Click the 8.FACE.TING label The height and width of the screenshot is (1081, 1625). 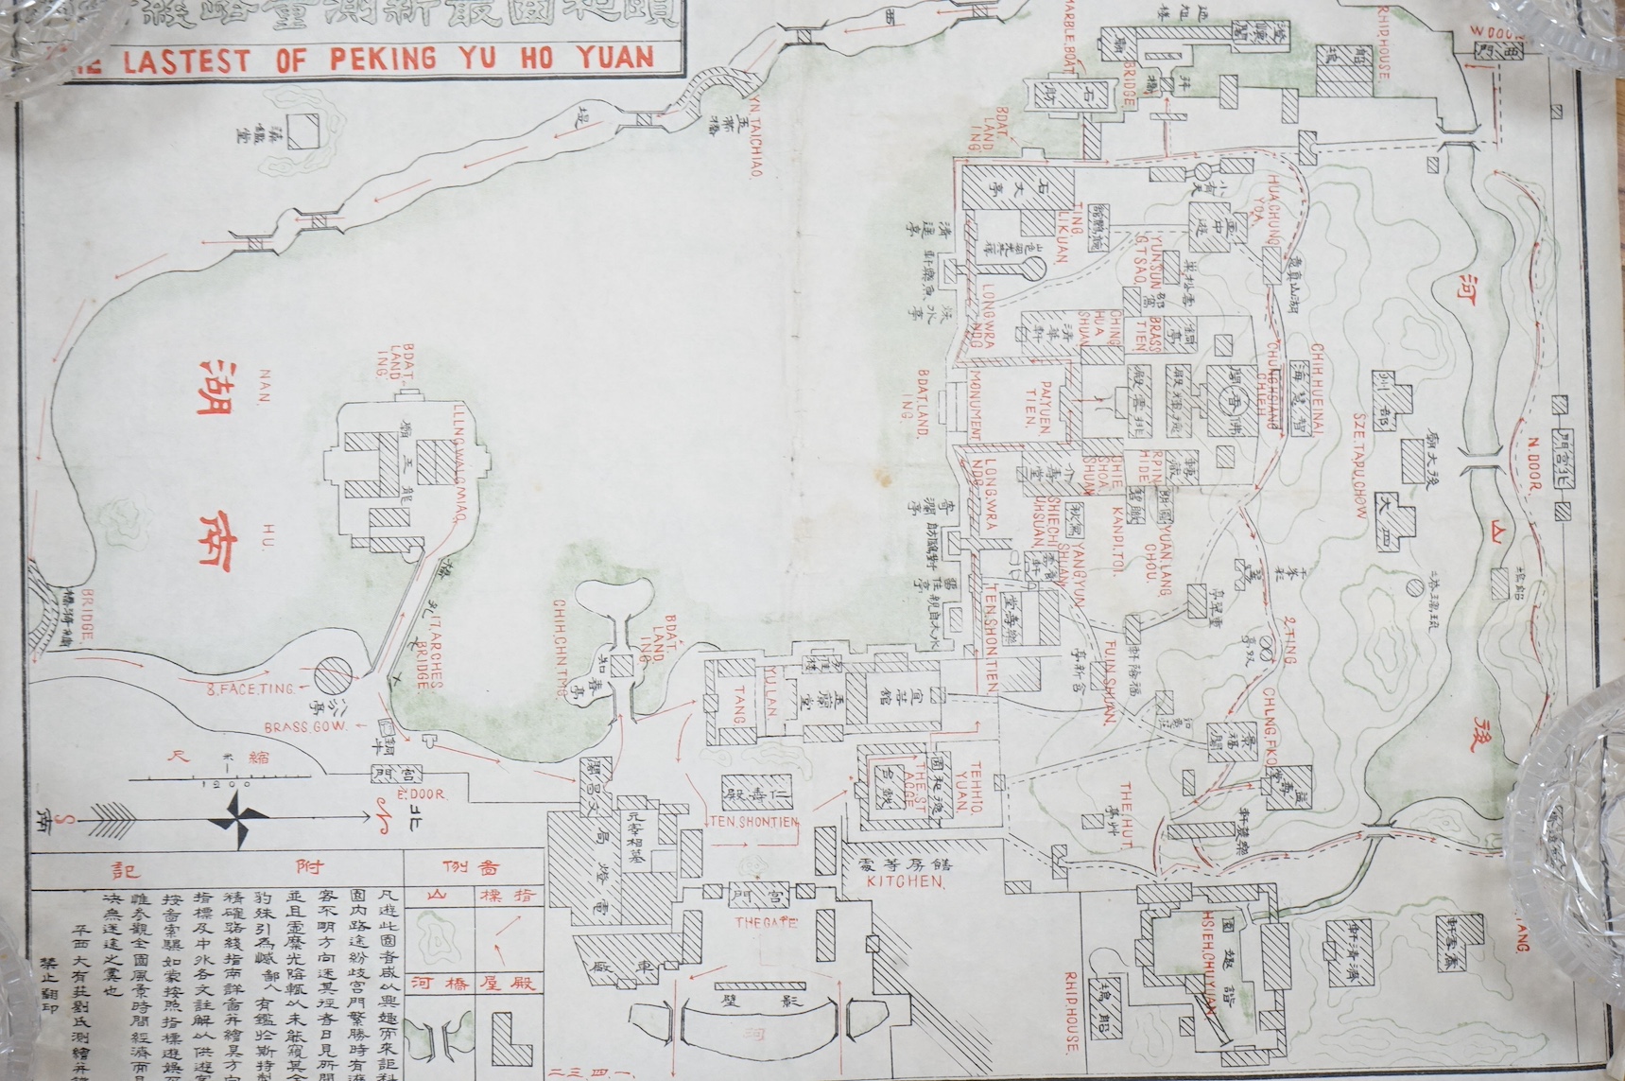point(233,689)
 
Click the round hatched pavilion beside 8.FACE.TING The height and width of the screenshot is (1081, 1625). point(333,678)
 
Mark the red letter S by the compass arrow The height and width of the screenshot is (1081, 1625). point(63,819)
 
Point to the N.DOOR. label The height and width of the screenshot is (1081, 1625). point(1533,469)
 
